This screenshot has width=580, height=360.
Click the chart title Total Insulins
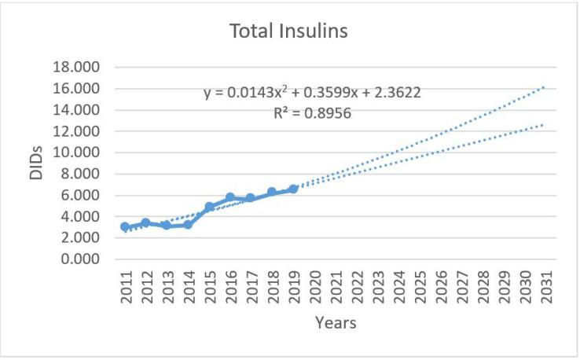290,32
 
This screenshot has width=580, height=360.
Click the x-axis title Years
335,322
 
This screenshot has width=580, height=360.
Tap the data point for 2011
125,226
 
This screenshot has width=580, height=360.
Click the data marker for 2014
188,225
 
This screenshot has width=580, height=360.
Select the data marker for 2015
209,207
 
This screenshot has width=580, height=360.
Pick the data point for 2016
230,197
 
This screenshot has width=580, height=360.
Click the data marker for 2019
293,189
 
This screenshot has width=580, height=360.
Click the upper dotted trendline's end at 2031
544,87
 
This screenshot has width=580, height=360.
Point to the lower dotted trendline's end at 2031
544,124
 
